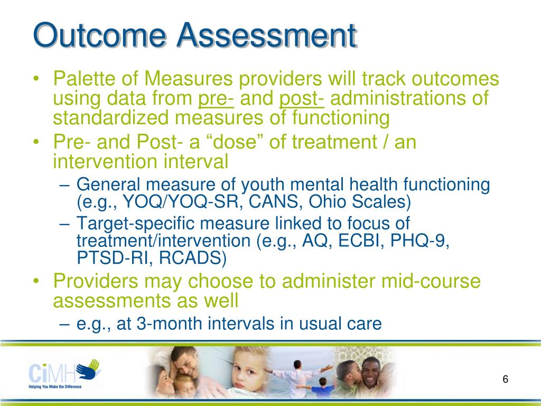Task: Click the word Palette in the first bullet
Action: point(84,78)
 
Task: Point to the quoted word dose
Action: point(235,142)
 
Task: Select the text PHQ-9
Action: point(419,241)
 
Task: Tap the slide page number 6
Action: point(506,379)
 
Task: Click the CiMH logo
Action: point(64,373)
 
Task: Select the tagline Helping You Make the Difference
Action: point(55,386)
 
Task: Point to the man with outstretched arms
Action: point(297,378)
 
